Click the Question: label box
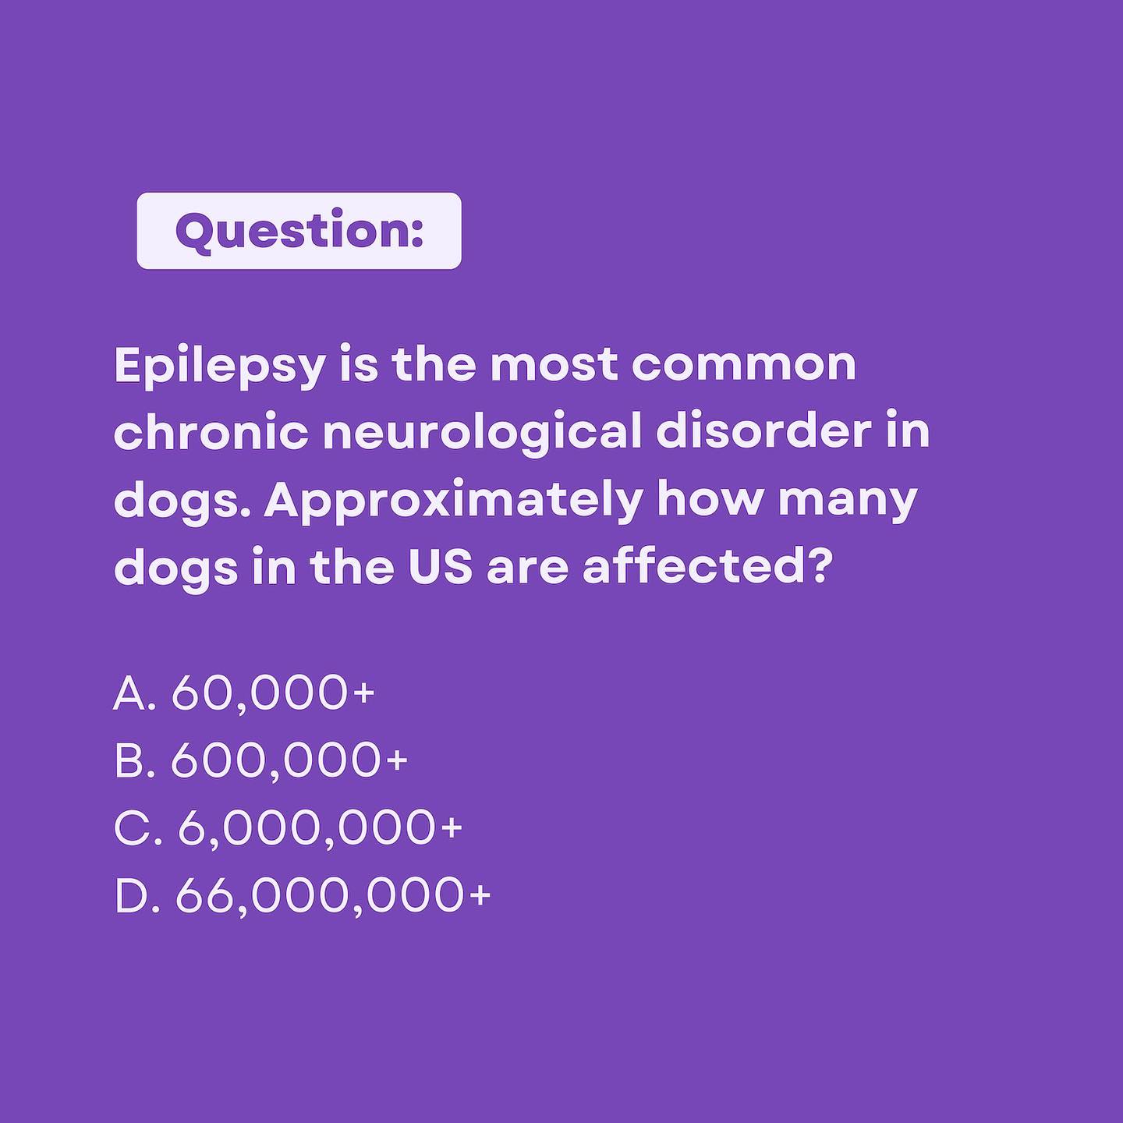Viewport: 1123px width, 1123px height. [x=299, y=231]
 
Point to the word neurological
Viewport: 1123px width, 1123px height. [x=482, y=433]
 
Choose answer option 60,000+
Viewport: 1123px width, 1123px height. [x=273, y=693]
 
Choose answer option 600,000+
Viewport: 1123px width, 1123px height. [x=289, y=760]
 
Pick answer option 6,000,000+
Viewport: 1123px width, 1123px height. [x=320, y=827]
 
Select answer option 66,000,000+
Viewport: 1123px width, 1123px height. [x=333, y=895]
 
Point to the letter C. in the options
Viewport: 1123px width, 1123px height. [x=137, y=827]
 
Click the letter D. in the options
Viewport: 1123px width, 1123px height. [x=136, y=895]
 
